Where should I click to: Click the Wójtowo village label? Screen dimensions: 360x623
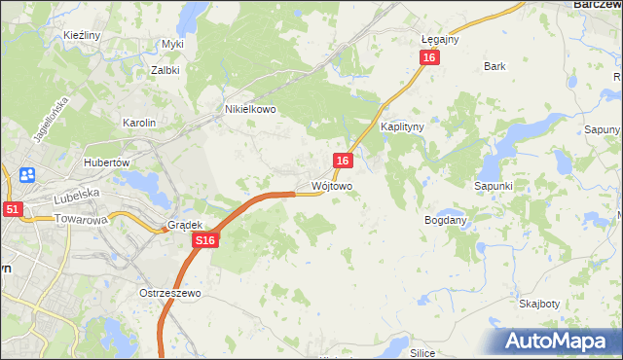[332, 185]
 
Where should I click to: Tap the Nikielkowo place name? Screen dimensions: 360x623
[250, 110]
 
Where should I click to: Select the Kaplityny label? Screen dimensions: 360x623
[402, 127]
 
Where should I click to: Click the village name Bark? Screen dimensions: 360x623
[495, 67]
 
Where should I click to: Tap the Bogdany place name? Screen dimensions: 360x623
[446, 221]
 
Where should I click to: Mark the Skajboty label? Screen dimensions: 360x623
[538, 304]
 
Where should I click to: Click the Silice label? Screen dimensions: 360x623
[421, 353]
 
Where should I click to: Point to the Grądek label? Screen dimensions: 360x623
[184, 225]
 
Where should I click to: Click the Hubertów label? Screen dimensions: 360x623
[107, 162]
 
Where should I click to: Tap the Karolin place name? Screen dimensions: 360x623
[138, 123]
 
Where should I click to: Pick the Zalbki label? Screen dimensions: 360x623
[165, 70]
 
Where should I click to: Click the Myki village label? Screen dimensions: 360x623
[172, 44]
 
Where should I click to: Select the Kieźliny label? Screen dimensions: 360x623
[82, 35]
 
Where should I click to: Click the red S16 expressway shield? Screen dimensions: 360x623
[203, 240]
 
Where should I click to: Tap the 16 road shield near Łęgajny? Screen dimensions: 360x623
[430, 58]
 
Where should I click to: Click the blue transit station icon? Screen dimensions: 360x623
[27, 175]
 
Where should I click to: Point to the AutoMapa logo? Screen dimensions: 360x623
[554, 341]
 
